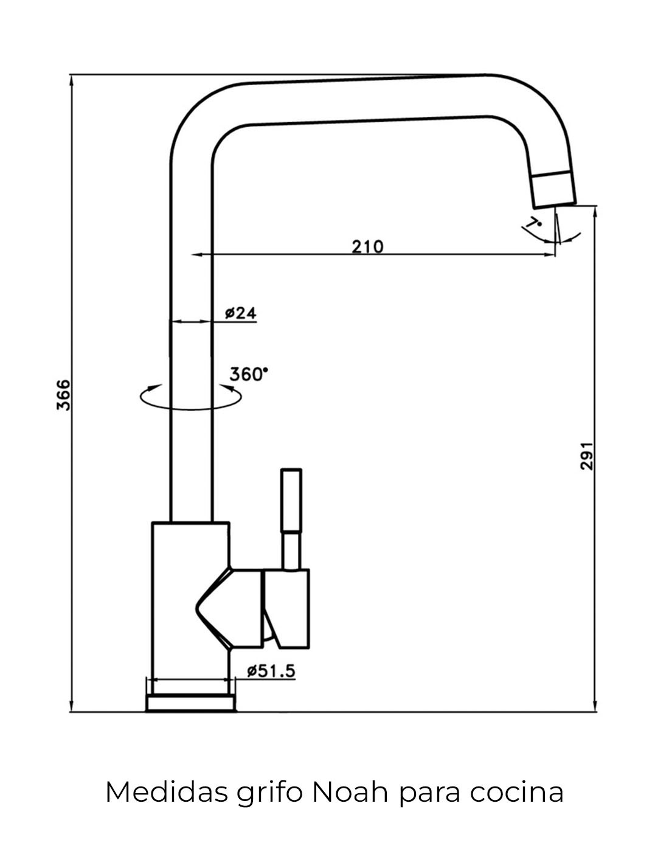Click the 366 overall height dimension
(x=64, y=394)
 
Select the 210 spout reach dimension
(x=367, y=246)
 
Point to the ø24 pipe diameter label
(x=241, y=313)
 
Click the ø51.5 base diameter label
(x=271, y=671)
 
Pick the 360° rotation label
(x=248, y=374)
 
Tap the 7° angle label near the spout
(x=535, y=223)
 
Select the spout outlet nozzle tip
(x=553, y=189)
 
